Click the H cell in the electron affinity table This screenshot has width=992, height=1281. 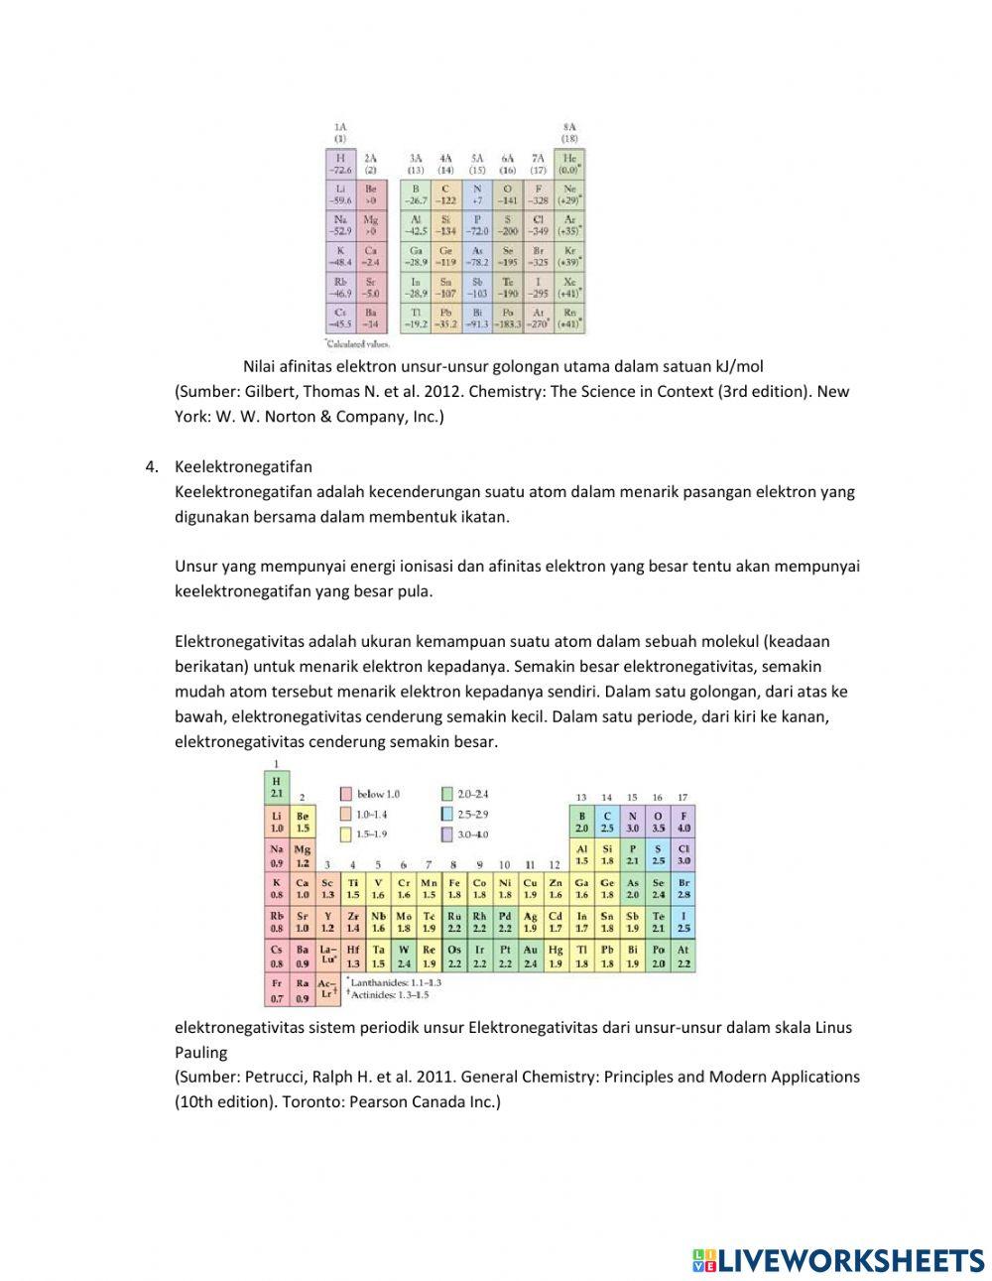pos(340,164)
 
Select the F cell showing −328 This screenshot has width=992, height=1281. pos(538,194)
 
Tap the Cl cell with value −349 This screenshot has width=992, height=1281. pos(538,225)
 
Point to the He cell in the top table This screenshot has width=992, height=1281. pos(568,164)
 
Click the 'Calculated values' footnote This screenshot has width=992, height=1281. pos(358,344)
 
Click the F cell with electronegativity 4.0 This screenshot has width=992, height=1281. pos(683,822)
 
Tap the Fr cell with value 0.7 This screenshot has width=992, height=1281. pos(277,990)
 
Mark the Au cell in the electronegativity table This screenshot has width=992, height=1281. pos(531,957)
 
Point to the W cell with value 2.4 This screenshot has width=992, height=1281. pos(404,957)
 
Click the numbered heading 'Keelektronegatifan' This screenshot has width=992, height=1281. pos(243,466)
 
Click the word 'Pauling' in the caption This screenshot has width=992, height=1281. pos(201,1053)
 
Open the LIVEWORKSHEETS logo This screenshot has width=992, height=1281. pos(838,1260)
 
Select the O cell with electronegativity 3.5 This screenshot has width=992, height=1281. pos(658,822)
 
